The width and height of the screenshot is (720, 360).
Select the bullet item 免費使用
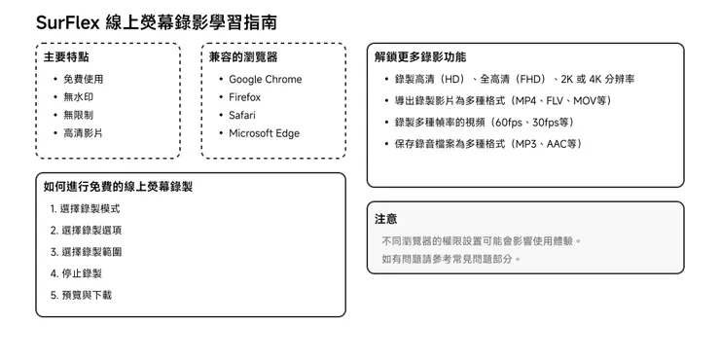click(83, 80)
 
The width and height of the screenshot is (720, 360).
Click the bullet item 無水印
click(78, 97)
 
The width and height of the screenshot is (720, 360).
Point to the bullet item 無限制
click(78, 115)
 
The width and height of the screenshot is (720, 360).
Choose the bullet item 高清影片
click(83, 133)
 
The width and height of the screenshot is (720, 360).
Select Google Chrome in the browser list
click(265, 80)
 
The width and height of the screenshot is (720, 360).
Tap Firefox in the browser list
click(245, 97)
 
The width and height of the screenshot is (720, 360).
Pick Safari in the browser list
click(242, 115)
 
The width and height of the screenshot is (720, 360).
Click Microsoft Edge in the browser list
click(264, 133)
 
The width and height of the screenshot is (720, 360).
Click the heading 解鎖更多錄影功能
click(420, 57)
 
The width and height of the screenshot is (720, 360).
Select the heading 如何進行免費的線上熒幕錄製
click(118, 186)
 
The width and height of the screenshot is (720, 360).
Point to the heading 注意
click(386, 219)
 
